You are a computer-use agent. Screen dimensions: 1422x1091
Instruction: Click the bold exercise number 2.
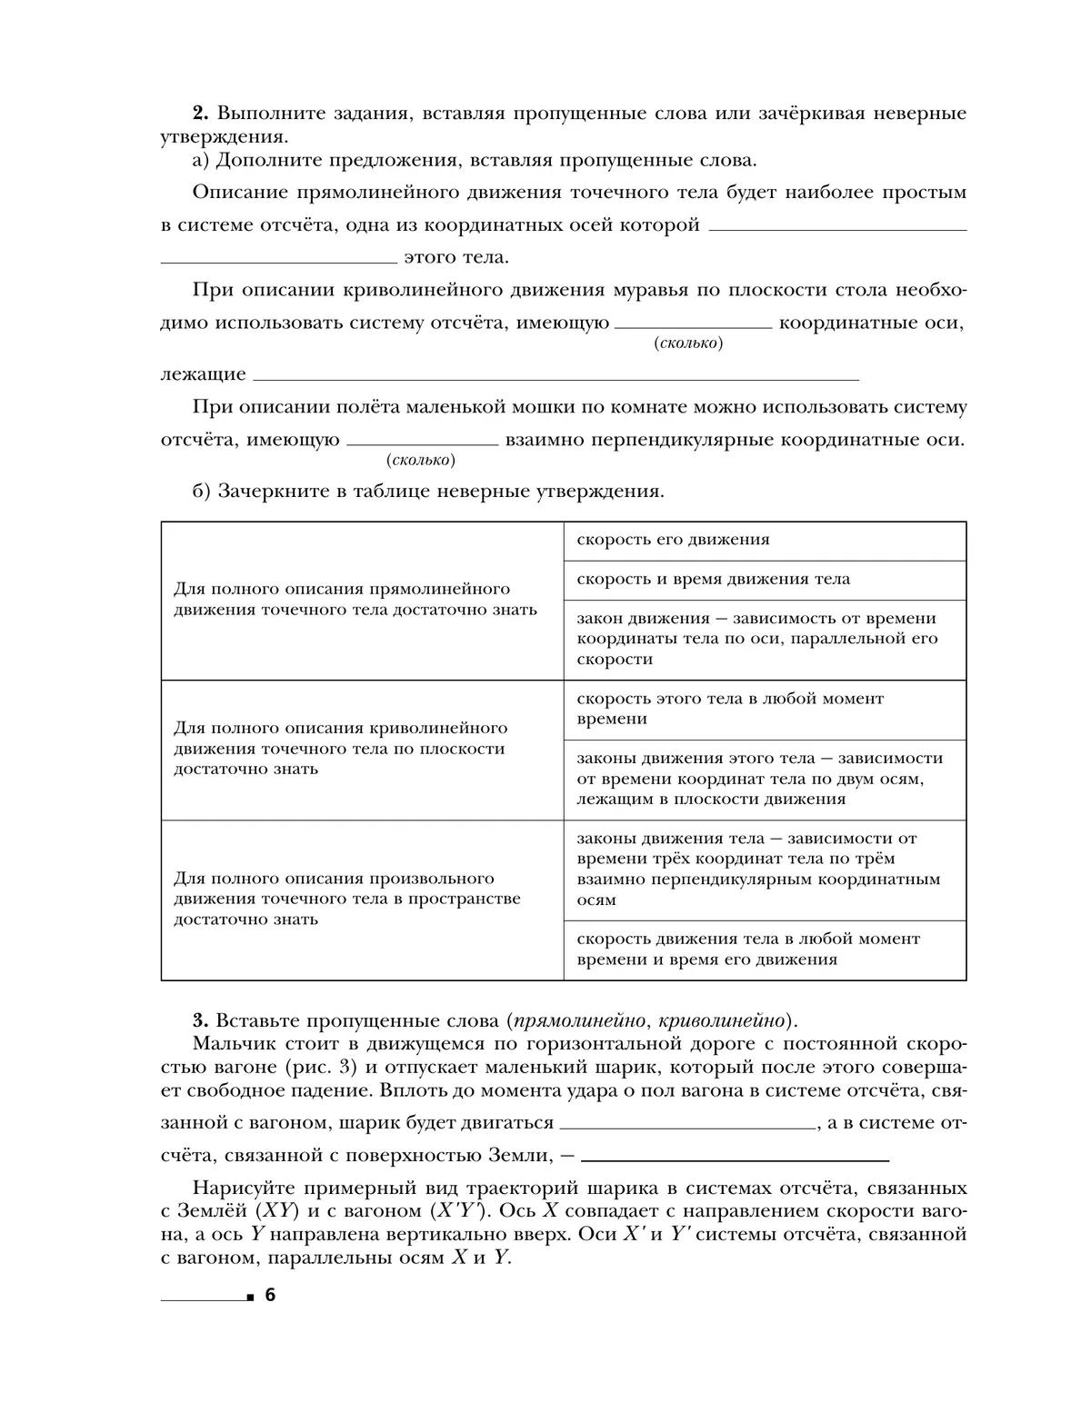[x=200, y=114]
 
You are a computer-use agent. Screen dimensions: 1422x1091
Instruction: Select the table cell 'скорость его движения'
[x=764, y=540]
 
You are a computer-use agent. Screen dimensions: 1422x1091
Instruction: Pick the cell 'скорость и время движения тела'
[x=764, y=580]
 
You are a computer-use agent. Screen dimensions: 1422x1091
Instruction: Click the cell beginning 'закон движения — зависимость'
[x=764, y=639]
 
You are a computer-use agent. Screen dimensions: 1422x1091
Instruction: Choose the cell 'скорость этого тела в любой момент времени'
[x=764, y=709]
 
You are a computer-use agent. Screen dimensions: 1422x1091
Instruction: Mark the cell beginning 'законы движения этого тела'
[x=764, y=779]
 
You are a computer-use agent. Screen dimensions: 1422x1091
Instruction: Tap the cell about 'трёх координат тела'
[x=764, y=869]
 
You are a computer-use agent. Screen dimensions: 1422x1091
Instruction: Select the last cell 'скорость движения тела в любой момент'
[x=764, y=950]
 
